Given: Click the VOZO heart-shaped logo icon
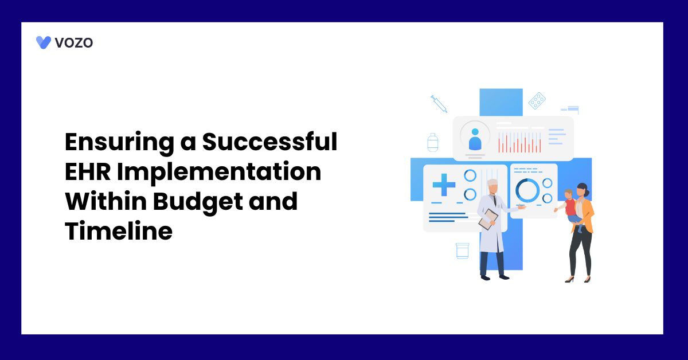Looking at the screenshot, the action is [x=44, y=42].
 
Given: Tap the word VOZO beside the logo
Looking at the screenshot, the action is [x=74, y=42].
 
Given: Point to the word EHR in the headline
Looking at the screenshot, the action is [x=88, y=171].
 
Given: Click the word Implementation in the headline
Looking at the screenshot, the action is [x=219, y=173].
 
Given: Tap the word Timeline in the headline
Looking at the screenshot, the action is [x=119, y=230].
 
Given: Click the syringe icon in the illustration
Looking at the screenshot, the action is [x=439, y=104].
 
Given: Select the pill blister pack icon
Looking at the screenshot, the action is [x=537, y=100].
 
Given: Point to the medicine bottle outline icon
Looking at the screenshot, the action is [x=433, y=143].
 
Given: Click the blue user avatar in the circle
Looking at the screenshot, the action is [x=475, y=139].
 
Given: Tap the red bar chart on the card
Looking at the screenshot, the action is [x=519, y=143].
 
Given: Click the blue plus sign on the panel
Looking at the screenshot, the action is [x=444, y=185].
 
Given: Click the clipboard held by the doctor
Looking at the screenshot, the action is [x=488, y=220].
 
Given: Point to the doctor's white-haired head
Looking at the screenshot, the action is [x=492, y=186].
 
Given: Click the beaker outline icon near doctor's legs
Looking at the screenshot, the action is [x=462, y=251].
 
